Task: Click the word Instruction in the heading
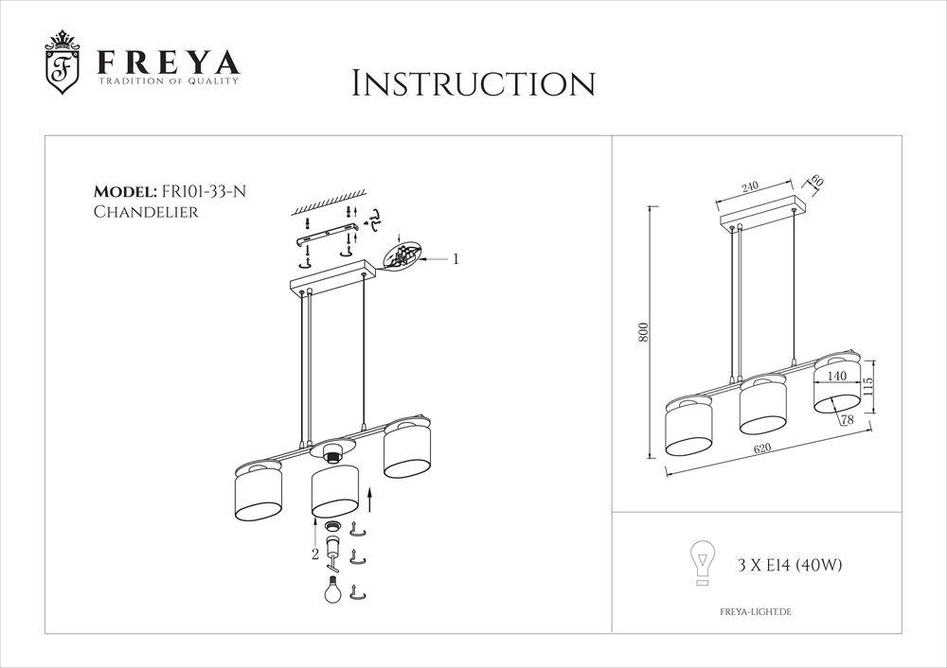tap(473, 84)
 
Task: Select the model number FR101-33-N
tap(203, 192)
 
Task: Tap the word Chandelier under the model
tap(146, 212)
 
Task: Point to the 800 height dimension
tap(644, 332)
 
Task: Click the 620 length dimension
tap(762, 448)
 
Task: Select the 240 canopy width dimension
tap(749, 186)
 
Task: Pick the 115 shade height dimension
tap(867, 387)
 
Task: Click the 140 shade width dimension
tap(836, 376)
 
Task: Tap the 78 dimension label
tap(848, 420)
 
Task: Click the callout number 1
tap(456, 259)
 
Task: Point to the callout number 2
tap(315, 554)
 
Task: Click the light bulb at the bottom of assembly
tap(332, 589)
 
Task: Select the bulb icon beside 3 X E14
tap(703, 563)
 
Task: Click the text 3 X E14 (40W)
tap(790, 566)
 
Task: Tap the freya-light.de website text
tap(756, 612)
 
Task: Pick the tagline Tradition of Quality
tap(169, 80)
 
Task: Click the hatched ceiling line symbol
tap(330, 201)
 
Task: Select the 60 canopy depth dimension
tap(817, 181)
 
